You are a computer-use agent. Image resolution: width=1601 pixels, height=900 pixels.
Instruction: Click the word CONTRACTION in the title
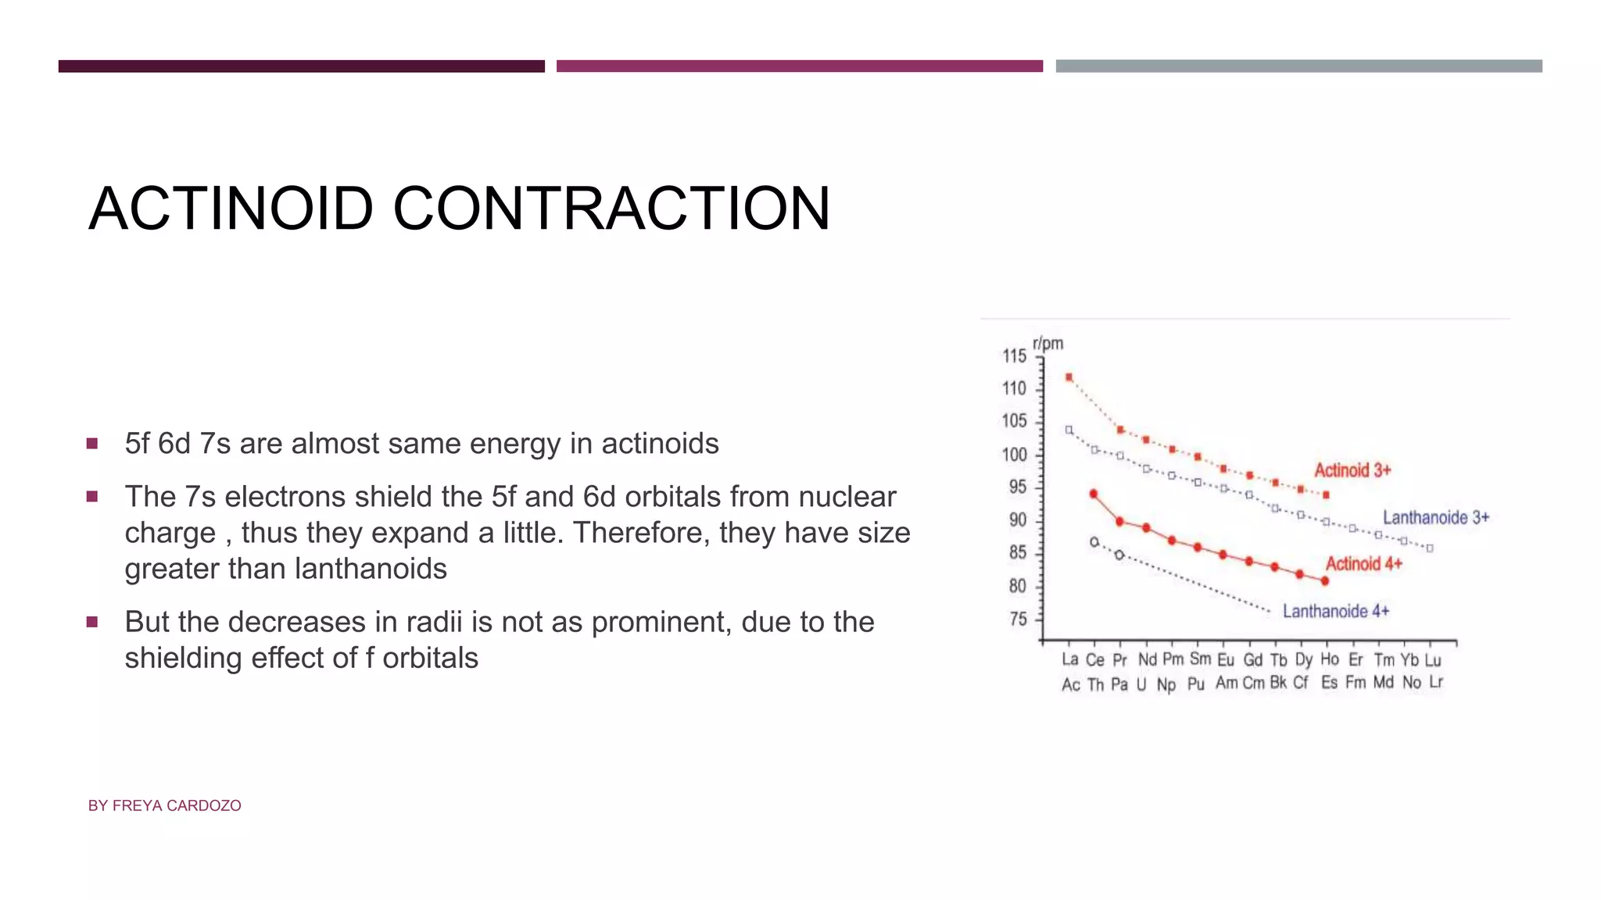611,209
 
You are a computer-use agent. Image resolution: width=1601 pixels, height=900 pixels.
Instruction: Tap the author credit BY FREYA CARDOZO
164,805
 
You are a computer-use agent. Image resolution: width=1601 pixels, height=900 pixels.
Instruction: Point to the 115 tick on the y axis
1014,356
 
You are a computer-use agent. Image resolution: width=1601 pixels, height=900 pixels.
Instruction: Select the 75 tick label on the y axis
1018,620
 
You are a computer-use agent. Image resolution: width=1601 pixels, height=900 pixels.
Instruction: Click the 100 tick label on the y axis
1014,455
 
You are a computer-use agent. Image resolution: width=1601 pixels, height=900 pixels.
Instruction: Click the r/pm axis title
1048,344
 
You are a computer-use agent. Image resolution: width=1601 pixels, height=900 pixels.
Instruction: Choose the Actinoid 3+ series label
1352,470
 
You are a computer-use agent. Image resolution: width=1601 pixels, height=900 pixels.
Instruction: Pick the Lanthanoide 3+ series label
1436,517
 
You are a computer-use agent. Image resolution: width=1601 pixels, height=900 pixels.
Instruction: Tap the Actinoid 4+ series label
1363,564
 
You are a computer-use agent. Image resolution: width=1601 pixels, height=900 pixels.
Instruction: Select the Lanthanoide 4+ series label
1335,611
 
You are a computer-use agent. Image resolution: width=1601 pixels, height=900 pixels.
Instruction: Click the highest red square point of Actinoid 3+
1069,377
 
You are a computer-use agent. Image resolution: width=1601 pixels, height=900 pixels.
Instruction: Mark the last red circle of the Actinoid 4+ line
1324,581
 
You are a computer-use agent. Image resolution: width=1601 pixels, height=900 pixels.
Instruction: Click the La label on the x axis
1069,660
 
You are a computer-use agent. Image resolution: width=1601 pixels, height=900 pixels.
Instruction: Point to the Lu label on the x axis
1432,660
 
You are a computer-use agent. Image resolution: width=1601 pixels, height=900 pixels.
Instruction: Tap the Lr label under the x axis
1436,682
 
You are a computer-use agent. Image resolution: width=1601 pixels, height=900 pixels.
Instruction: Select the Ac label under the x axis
1070,685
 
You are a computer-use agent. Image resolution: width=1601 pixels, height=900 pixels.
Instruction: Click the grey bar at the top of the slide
1298,66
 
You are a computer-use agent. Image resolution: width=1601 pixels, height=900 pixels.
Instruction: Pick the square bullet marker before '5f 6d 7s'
92,444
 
